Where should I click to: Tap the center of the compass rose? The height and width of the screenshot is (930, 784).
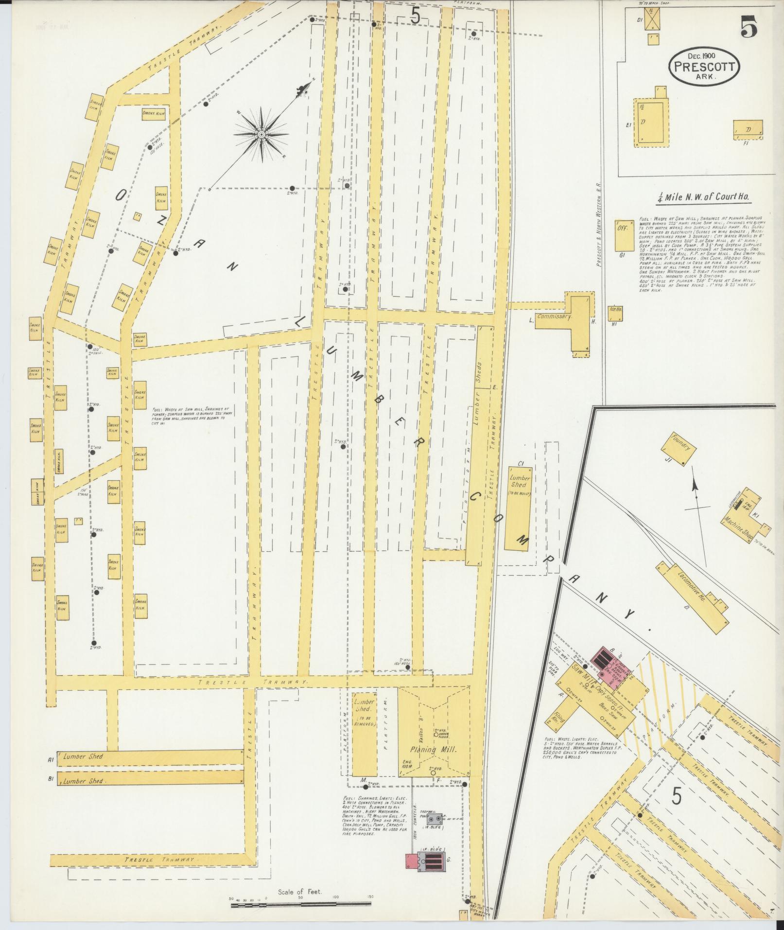261,134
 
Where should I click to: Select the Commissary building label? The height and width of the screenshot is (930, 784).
554,316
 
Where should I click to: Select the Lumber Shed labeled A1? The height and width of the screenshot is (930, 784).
151,757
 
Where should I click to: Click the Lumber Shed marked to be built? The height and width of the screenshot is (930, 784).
518,508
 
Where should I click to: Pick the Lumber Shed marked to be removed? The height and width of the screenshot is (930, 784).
364,739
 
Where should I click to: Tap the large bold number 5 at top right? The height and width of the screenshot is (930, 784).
749,28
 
